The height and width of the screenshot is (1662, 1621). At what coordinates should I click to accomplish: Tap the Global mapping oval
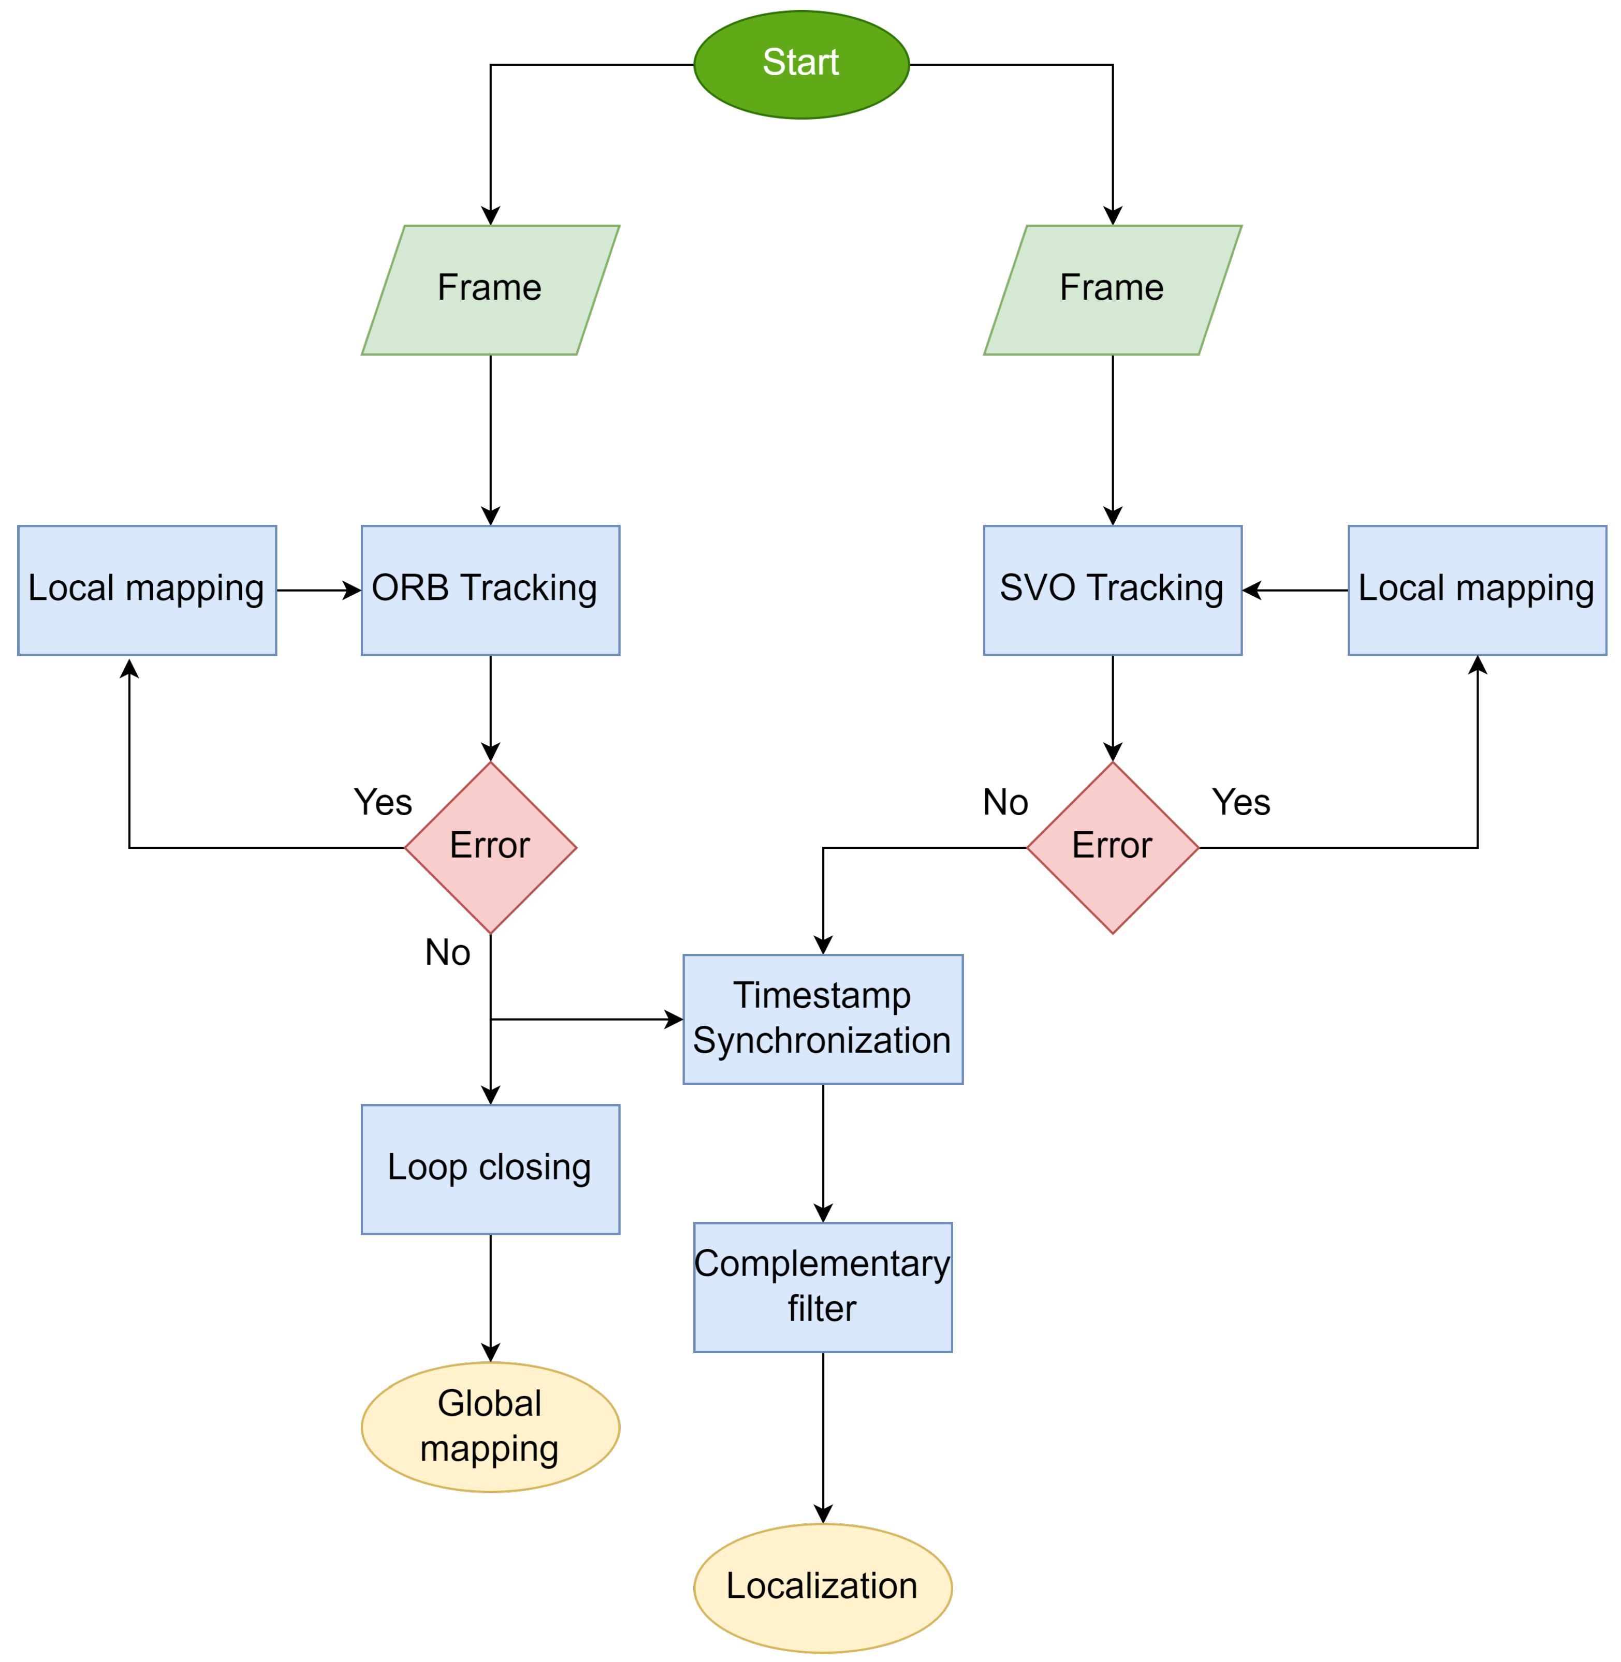click(490, 1427)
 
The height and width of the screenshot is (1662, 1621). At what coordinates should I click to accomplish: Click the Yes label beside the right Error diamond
click(1240, 802)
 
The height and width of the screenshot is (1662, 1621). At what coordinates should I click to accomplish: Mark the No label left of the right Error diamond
click(1005, 802)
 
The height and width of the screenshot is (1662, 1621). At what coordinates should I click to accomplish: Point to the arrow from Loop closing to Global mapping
click(490, 1297)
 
